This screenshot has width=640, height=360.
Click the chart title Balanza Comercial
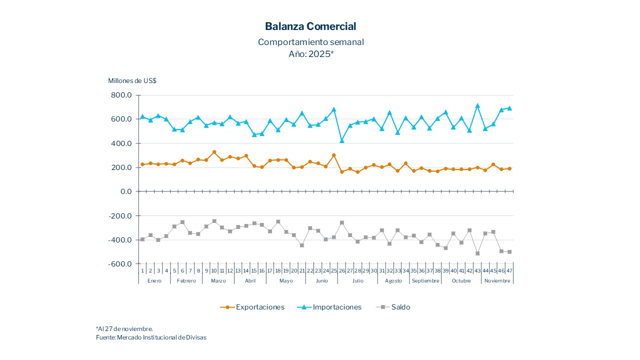[310, 26]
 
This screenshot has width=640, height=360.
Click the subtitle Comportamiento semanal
[310, 42]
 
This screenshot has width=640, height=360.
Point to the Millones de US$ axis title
[132, 80]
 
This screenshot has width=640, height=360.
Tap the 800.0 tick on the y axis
[121, 95]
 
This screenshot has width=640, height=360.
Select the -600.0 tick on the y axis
[120, 264]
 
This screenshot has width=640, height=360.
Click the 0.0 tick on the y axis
[124, 191]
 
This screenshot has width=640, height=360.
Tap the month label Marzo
[218, 281]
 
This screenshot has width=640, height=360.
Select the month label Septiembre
[425, 281]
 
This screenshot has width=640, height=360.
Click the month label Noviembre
[497, 281]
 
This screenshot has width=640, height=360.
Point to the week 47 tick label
[509, 271]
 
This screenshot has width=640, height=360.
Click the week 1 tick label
[142, 271]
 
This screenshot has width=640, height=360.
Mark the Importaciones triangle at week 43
[477, 105]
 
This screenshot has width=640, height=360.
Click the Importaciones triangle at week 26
[342, 140]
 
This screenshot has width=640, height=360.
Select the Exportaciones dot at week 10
[214, 152]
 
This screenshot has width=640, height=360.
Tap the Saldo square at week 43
[477, 253]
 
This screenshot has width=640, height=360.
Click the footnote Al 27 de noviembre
[124, 328]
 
